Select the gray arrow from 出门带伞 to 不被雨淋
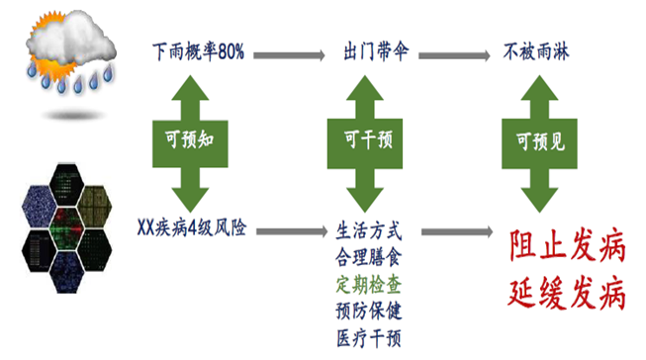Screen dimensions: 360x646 456,50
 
